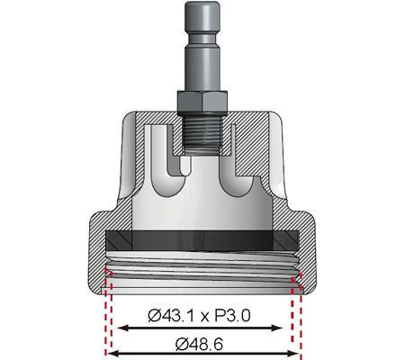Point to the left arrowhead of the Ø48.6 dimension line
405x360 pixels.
112,353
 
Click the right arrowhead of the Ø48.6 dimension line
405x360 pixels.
297,353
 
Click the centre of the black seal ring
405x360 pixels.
203,239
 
